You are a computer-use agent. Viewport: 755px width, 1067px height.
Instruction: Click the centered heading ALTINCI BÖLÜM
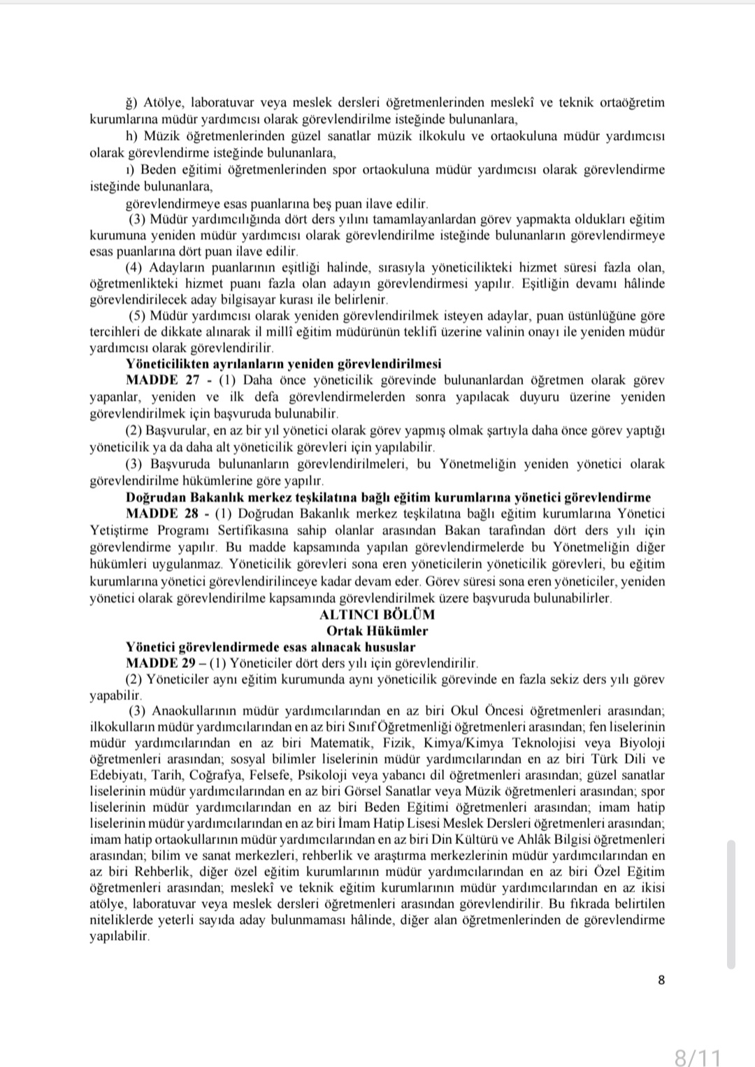377,614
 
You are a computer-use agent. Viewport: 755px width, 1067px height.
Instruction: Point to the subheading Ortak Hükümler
377,630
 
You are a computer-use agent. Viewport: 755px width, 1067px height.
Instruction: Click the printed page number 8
661,980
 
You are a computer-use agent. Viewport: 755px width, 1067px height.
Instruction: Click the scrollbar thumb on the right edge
731,904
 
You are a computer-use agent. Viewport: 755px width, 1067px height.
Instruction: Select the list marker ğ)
131,103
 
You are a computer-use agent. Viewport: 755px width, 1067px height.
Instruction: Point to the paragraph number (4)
134,268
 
